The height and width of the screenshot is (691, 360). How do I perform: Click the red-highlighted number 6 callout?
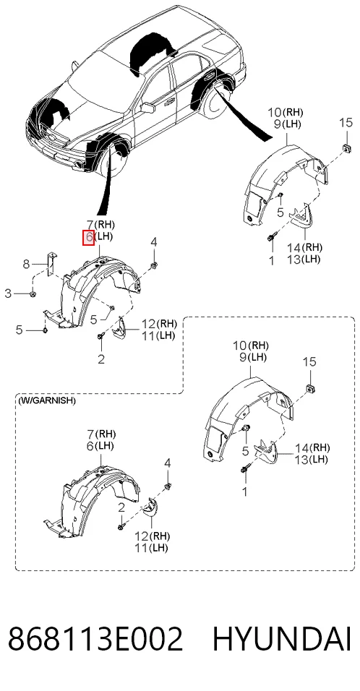[89, 238]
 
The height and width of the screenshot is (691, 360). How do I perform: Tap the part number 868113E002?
[95, 639]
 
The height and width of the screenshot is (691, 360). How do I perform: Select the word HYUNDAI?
[282, 639]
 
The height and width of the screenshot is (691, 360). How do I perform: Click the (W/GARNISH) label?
[47, 400]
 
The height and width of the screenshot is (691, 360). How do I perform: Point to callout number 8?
[27, 265]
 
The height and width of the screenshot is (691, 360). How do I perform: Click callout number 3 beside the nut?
[8, 293]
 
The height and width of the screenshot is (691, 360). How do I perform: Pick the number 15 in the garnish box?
[309, 362]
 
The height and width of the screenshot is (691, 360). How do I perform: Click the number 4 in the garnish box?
[167, 463]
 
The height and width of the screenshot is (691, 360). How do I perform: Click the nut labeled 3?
[33, 293]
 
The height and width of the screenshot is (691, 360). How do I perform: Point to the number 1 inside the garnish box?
[246, 491]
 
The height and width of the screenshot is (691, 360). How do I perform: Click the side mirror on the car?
[147, 108]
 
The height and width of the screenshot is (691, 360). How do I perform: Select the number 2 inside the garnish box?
[121, 507]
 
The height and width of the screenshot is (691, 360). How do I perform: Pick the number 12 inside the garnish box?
[141, 537]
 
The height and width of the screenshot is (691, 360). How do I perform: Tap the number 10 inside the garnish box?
[240, 345]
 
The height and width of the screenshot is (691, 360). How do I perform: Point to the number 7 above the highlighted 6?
[89, 224]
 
